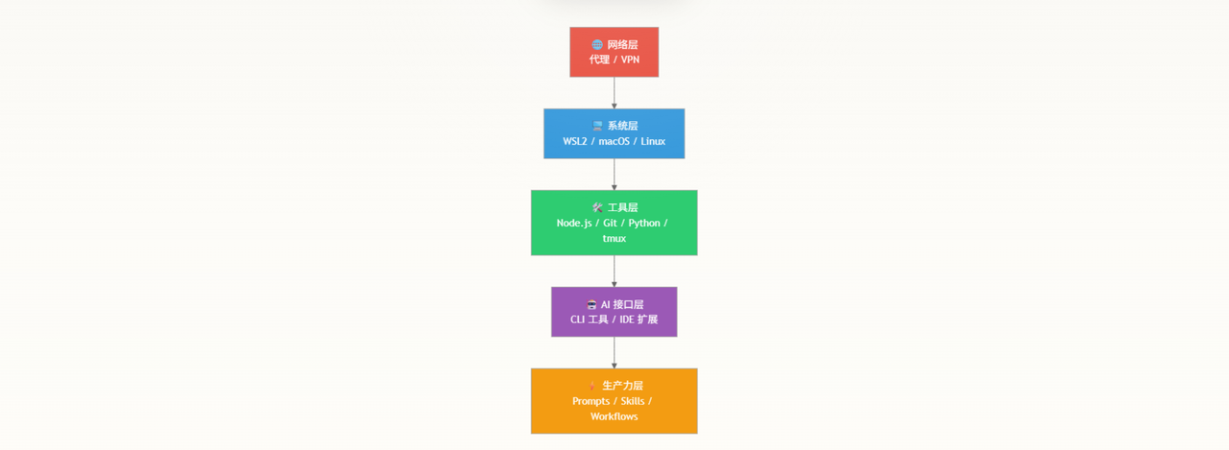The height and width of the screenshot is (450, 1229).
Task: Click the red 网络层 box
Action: [614, 52]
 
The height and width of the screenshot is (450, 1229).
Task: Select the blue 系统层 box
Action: [614, 133]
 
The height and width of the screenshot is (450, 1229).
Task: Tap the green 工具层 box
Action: [614, 223]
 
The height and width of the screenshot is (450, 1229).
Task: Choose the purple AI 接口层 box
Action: [614, 312]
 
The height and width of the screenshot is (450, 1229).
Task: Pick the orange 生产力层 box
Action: [614, 401]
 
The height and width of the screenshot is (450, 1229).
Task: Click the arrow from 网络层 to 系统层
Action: [614, 93]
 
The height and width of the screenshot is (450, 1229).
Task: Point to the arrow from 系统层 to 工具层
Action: [614, 175]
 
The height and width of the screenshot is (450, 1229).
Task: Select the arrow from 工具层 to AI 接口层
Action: [614, 271]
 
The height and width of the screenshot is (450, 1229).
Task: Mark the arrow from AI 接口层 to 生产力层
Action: [614, 352]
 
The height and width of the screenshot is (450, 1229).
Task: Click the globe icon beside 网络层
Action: [597, 44]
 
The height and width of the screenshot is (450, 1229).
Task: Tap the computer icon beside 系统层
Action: [597, 126]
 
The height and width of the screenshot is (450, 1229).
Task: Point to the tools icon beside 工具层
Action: [597, 207]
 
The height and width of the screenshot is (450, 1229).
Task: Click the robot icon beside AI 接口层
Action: [591, 304]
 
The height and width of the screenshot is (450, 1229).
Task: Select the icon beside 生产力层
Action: [592, 386]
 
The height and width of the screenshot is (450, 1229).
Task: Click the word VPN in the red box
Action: [630, 59]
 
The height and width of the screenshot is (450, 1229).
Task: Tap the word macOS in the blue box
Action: [614, 141]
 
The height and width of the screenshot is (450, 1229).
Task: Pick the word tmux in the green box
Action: [614, 238]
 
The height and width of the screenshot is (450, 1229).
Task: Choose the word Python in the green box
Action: [644, 224]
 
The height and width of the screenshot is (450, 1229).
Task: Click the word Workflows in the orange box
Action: [614, 416]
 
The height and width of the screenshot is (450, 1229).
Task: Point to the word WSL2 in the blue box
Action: [574, 141]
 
